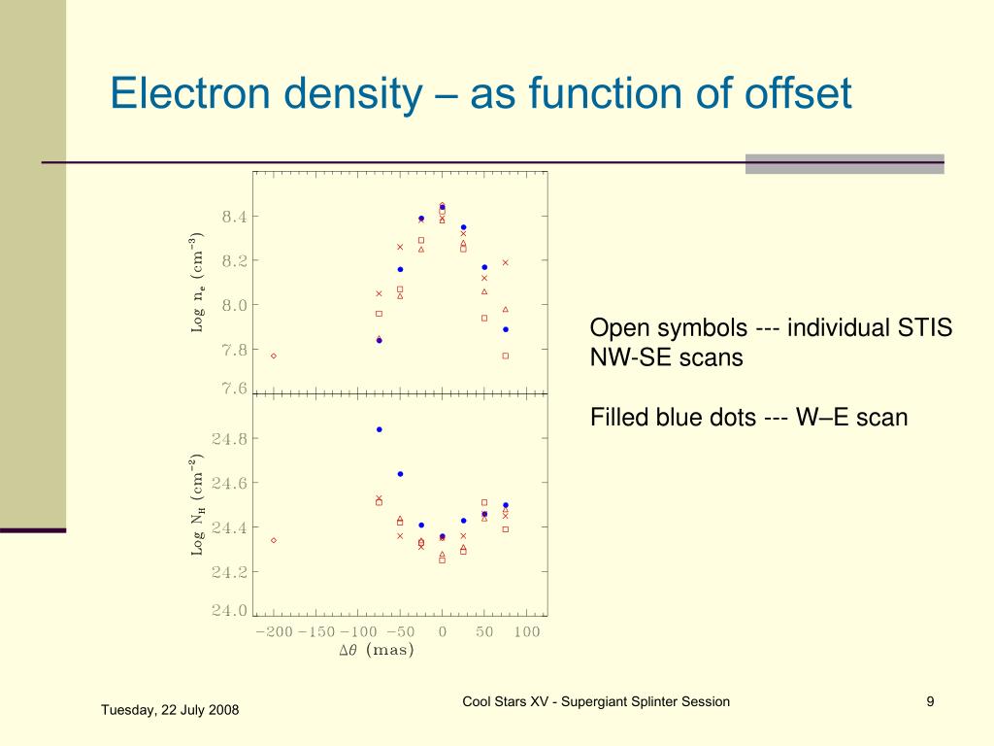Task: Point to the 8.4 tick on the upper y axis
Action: (235, 217)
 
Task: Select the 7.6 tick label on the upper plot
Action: (235, 389)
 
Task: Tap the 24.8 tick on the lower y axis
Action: (231, 439)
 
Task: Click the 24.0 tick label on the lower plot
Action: (231, 611)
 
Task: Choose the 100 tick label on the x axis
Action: (527, 632)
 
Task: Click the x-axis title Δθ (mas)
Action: (377, 651)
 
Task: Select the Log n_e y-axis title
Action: (197, 283)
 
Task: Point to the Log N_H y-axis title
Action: (197, 505)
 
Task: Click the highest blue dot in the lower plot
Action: (380, 429)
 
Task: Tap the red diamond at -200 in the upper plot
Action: (274, 356)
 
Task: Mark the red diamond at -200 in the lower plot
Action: (274, 540)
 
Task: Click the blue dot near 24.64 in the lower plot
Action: (400, 474)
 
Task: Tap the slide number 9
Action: (930, 702)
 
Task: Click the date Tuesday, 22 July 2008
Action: (170, 710)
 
